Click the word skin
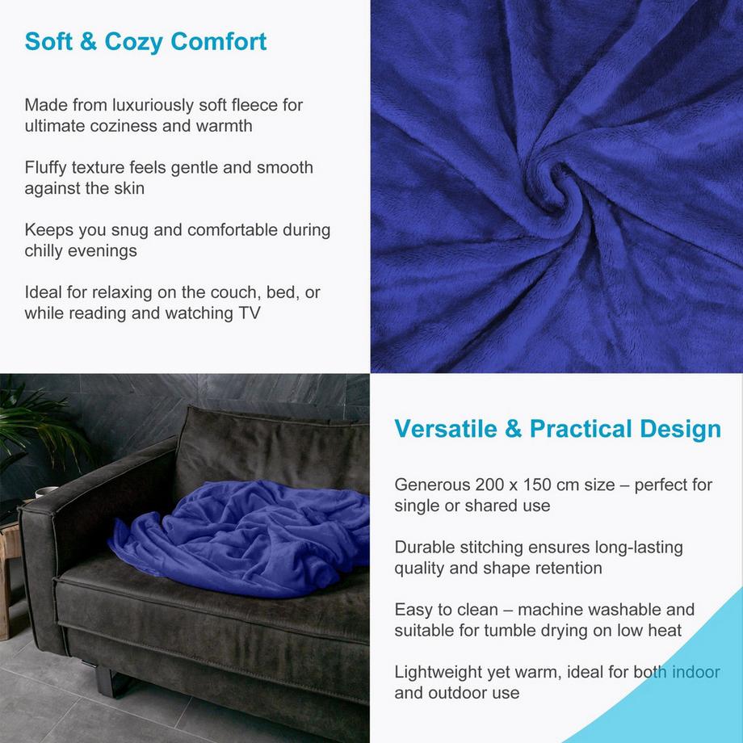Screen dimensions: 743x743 [x=128, y=188]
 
